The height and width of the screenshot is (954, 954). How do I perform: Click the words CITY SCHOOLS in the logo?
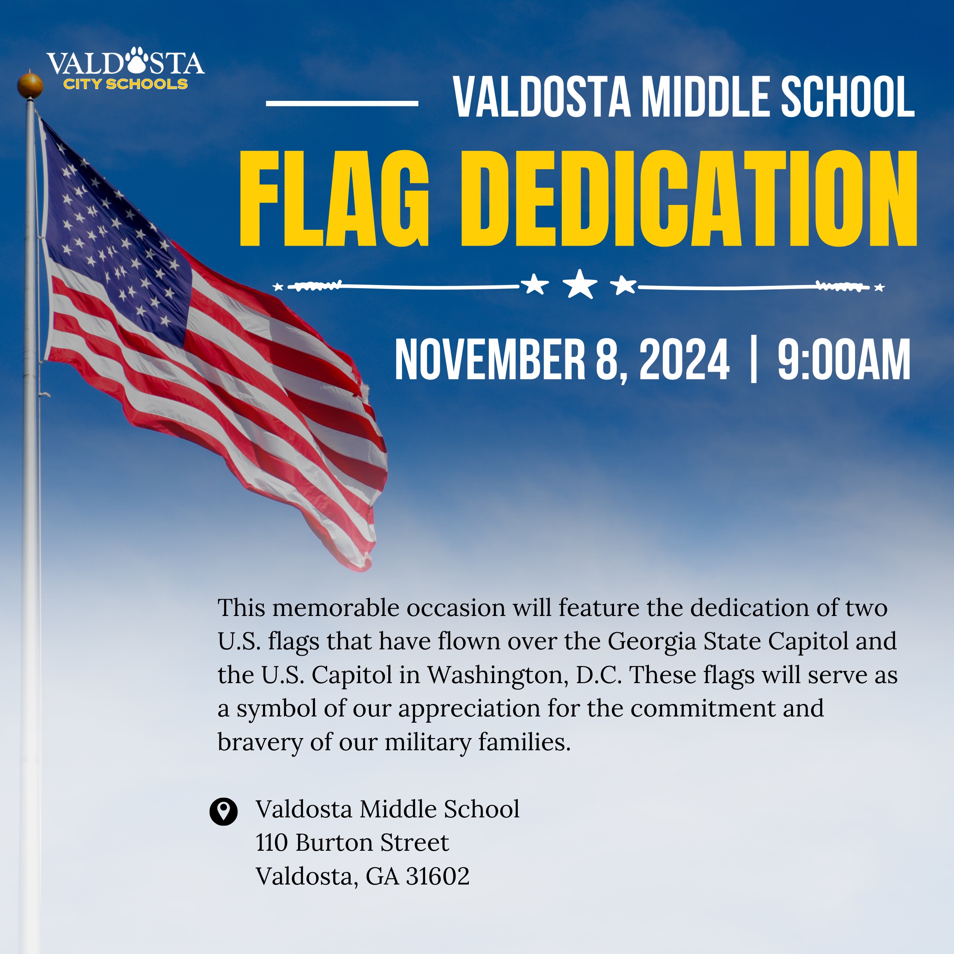point(125,84)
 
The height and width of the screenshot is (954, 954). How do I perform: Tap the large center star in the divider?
point(580,284)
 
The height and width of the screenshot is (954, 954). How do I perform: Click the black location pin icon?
point(223,812)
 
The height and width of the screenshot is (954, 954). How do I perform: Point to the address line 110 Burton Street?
point(352,843)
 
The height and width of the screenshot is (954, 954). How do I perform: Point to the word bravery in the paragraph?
point(260,742)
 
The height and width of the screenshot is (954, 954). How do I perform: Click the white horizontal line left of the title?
point(342,103)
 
